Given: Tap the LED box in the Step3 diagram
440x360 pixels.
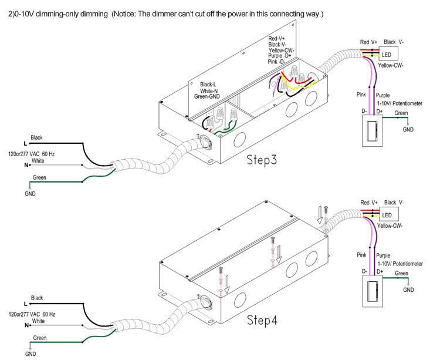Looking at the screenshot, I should pyautogui.click(x=387, y=55).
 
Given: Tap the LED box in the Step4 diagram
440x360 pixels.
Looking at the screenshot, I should pyautogui.click(x=387, y=215).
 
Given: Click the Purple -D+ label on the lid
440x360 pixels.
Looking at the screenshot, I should pyautogui.click(x=281, y=56).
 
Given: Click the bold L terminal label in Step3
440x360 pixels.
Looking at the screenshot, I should pyautogui.click(x=25, y=143).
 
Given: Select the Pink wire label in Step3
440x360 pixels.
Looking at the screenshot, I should pyautogui.click(x=362, y=94).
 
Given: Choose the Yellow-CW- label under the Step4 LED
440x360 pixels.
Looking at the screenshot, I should pyautogui.click(x=390, y=226).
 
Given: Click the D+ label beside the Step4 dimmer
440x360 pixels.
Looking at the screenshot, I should pyautogui.click(x=380, y=271).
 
